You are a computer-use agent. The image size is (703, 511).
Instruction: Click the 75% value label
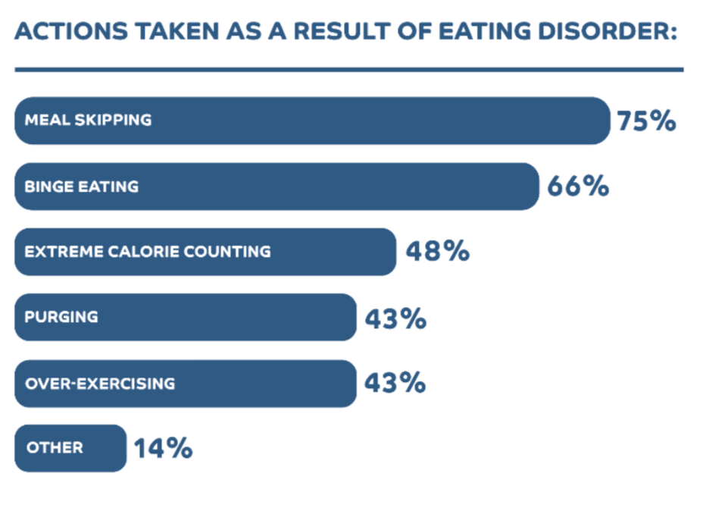point(645,121)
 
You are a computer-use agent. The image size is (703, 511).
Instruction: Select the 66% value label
point(577,187)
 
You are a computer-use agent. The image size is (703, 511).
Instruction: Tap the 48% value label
point(438,252)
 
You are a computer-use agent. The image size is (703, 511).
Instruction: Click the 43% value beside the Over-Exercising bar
point(395,383)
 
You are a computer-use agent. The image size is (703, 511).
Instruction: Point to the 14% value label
point(163,449)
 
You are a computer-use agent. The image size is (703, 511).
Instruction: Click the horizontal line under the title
point(348,70)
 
